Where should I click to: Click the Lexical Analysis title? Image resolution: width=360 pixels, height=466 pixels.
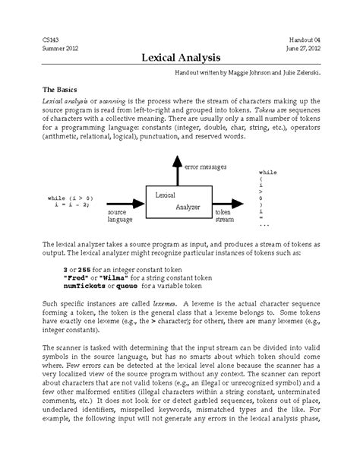[179, 58]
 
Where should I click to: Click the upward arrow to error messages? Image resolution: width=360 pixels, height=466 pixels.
[176, 171]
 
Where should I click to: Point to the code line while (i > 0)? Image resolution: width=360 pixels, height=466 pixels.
[69, 198]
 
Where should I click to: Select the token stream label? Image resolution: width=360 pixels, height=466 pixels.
[224, 217]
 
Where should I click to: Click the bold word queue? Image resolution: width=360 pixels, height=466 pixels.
[124, 287]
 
